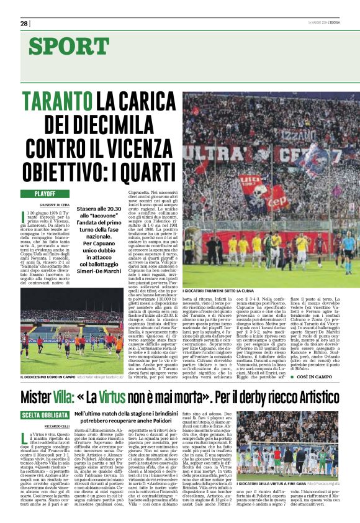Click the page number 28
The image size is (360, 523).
point(24,24)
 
